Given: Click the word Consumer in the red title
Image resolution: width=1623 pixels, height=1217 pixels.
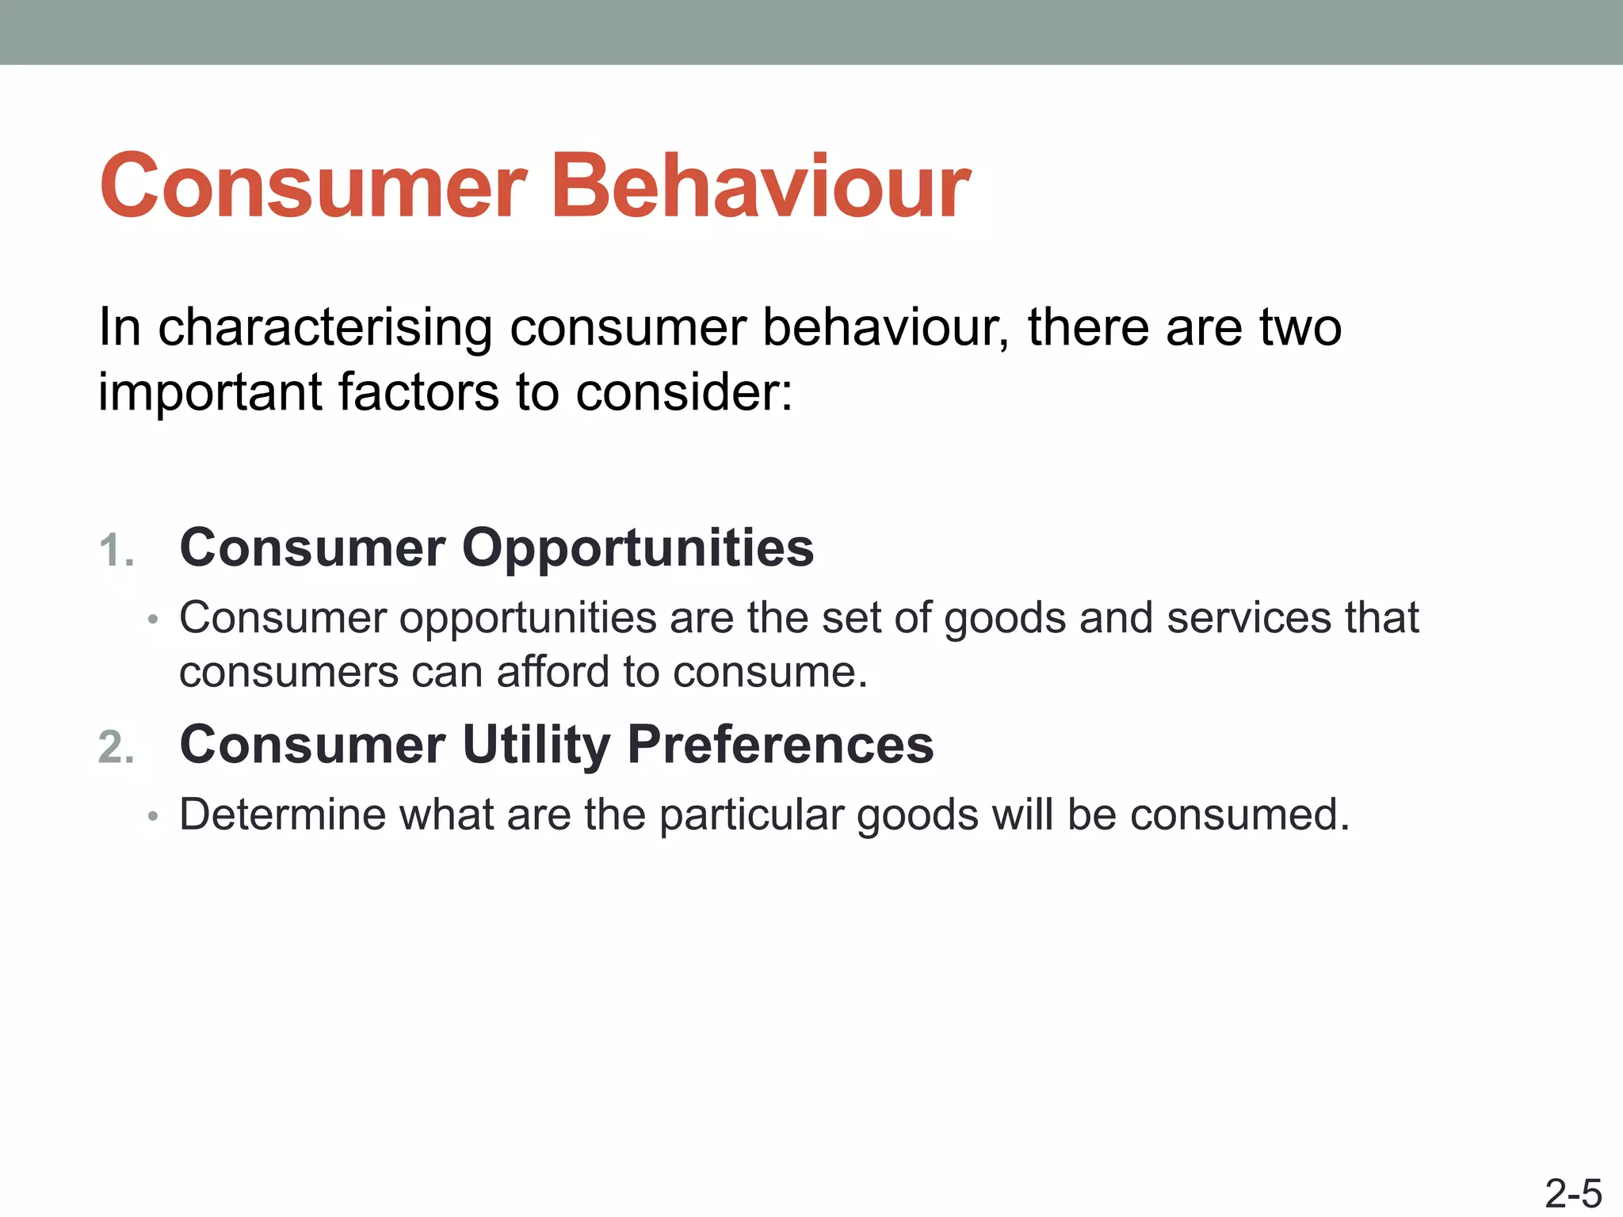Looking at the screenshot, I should tap(313, 187).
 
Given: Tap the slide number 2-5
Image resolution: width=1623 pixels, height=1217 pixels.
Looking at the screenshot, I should tap(1573, 1193).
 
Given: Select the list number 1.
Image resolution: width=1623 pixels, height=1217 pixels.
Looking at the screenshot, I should tap(116, 551).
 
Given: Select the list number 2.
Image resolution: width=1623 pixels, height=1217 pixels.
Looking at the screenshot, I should tap(116, 748).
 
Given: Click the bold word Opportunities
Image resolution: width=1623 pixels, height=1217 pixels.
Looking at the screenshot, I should tap(637, 548).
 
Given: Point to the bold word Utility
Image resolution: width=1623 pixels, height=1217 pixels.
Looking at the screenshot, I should tap(537, 745).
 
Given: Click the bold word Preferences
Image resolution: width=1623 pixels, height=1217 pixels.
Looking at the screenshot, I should tap(781, 745).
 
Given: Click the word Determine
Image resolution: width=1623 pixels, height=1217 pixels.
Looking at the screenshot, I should tap(282, 815).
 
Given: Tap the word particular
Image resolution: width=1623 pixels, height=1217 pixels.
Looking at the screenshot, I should tap(751, 815).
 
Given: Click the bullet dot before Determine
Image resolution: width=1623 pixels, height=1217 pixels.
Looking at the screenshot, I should tap(154, 816).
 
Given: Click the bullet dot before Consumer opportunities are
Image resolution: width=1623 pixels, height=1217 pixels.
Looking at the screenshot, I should tap(154, 620).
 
